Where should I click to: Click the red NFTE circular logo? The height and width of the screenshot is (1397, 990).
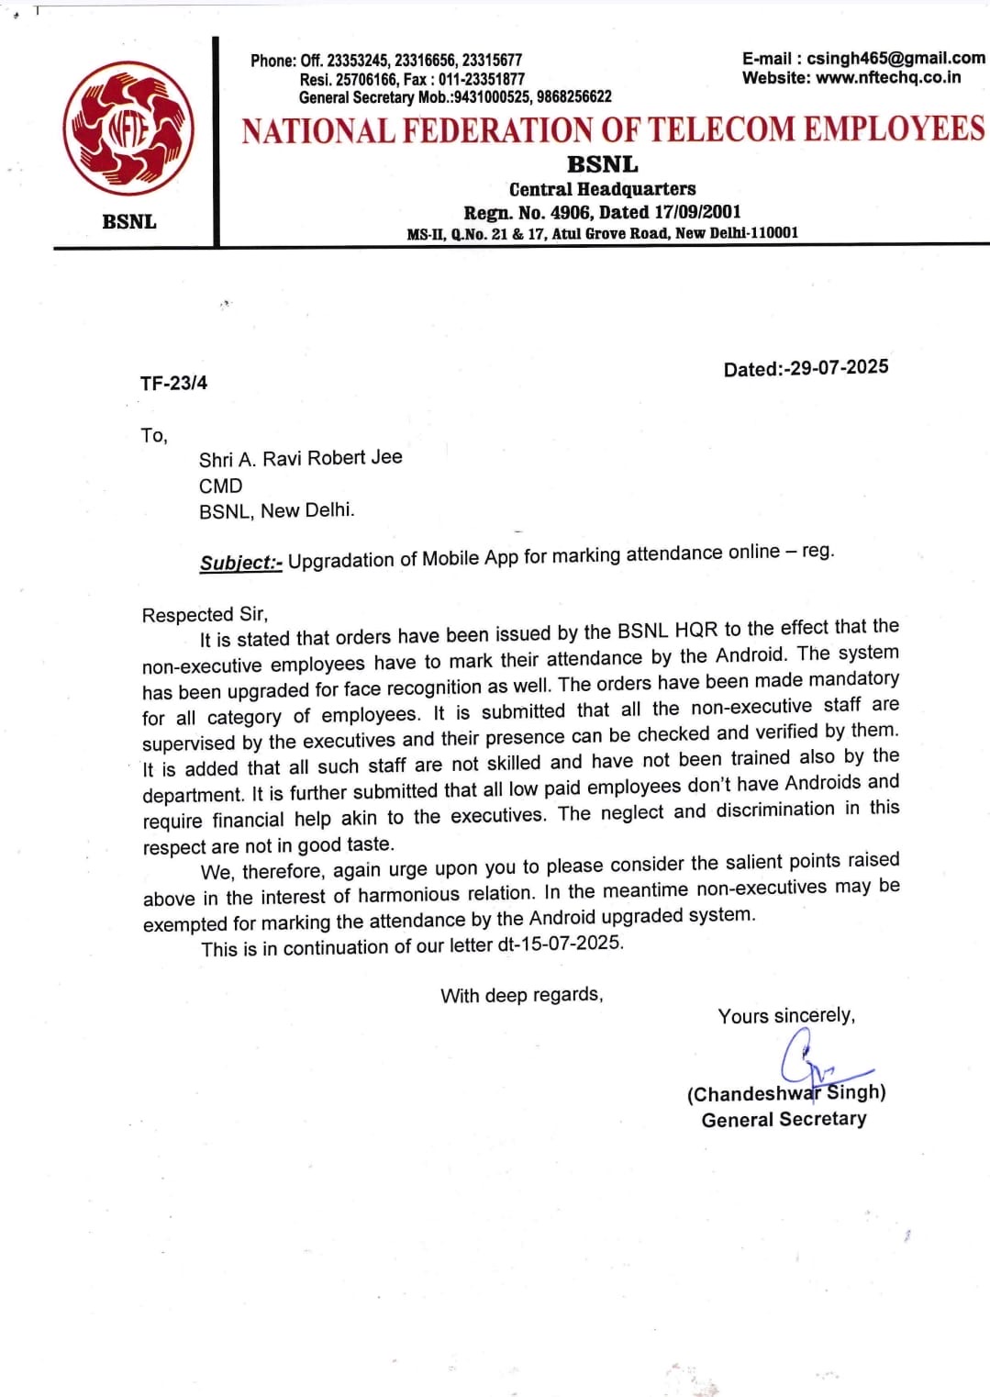(x=128, y=128)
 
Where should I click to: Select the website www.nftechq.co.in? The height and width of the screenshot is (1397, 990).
(x=888, y=78)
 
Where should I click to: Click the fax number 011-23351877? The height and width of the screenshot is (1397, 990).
(x=482, y=79)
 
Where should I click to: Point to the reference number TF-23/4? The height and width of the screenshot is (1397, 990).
(x=173, y=383)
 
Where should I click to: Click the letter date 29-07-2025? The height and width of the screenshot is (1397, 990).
(x=839, y=367)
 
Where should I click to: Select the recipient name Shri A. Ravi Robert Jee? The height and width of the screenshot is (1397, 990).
(x=300, y=458)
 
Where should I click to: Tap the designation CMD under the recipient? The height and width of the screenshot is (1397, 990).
(x=221, y=486)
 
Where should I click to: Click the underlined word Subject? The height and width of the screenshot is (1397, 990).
(x=240, y=563)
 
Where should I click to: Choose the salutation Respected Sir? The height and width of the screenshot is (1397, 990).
(x=205, y=615)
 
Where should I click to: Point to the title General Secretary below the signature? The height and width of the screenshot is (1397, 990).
(x=784, y=1120)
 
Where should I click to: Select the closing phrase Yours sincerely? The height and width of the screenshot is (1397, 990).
(x=786, y=1016)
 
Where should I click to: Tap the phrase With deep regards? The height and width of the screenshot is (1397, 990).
(x=521, y=995)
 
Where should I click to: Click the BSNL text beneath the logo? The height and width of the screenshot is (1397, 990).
(x=129, y=221)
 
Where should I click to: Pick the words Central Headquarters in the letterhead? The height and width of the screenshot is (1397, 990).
(x=602, y=189)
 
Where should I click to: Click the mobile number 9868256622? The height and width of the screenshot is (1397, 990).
(x=574, y=97)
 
